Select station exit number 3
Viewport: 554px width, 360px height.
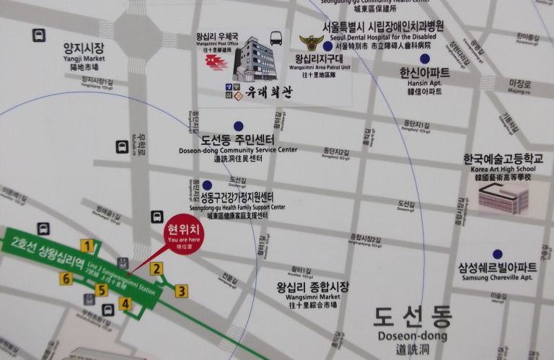tap(181, 291)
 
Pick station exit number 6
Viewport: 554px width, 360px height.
tap(66, 278)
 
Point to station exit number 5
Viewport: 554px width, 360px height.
tap(102, 290)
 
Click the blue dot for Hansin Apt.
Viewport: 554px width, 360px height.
tap(425, 58)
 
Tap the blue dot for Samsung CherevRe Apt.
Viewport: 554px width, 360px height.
tap(497, 254)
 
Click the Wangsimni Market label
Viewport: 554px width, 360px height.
tap(312, 291)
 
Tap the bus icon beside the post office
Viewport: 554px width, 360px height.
tap(276, 39)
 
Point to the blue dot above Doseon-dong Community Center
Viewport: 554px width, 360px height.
tap(239, 126)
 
